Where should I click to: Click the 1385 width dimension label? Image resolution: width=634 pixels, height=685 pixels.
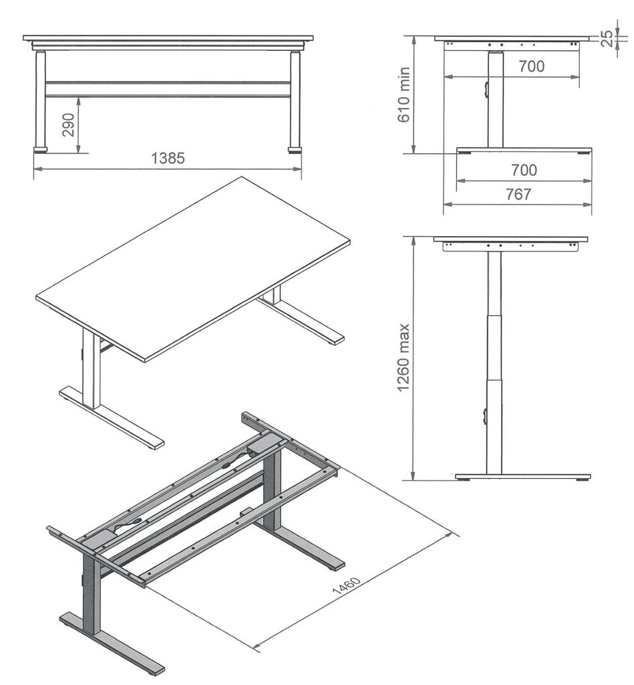[x=168, y=158]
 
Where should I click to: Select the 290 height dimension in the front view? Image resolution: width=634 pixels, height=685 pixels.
[x=69, y=125]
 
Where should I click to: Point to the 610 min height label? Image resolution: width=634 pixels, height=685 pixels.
[x=404, y=95]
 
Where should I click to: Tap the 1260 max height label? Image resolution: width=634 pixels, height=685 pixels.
[x=404, y=358]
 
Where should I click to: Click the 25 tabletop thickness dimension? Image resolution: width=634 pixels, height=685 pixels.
[x=607, y=38]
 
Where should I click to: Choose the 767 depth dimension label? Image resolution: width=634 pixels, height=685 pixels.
[x=518, y=194]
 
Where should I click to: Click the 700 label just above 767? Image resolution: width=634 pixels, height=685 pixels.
[x=524, y=169]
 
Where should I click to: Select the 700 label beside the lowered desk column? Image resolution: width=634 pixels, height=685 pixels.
[x=532, y=66]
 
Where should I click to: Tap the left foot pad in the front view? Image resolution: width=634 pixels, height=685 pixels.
[x=41, y=151]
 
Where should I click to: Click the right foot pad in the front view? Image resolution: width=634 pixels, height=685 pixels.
[x=295, y=151]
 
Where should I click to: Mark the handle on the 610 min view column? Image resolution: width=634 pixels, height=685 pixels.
[x=486, y=89]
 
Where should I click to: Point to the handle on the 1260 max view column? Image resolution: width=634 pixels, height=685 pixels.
[x=485, y=416]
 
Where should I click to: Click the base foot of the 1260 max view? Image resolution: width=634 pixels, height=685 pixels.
[x=522, y=476]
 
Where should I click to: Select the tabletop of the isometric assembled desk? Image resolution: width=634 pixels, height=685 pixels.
[x=193, y=269]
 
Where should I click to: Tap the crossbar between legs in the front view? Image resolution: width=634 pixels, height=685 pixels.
[x=168, y=89]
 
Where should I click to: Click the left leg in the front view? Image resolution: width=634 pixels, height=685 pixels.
[x=40, y=100]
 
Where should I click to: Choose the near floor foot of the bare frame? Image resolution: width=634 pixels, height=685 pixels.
[x=112, y=642]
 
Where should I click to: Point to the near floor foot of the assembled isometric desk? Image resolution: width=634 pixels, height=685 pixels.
[x=112, y=417]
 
